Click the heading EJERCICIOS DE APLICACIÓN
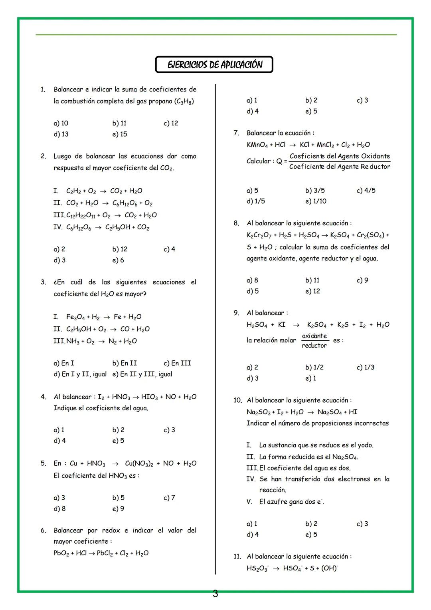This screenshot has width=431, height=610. tap(214, 65)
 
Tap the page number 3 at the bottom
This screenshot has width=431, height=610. tap(215, 594)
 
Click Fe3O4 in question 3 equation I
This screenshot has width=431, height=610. tap(75, 317)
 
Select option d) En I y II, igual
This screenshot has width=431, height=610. tap(80, 374)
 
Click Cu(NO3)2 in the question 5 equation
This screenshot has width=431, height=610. tap(139, 463)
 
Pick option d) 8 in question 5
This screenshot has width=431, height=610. tap(59, 509)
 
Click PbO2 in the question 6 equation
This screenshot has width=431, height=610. tap(61, 553)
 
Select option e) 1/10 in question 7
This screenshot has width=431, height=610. tap(316, 201)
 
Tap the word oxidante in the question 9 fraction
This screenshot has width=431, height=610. tap(314, 336)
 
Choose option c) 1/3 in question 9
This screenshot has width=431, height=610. tap(365, 367)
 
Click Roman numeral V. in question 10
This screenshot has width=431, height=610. tap(249, 502)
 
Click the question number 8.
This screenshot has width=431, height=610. tap(236, 223)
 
